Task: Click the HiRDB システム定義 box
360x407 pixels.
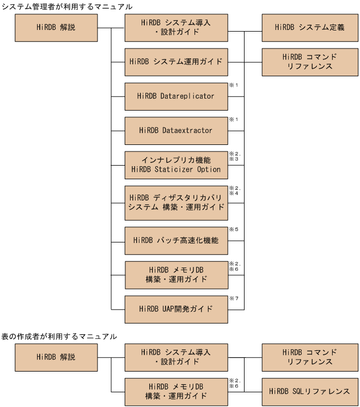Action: point(310,28)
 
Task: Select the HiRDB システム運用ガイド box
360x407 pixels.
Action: point(176,62)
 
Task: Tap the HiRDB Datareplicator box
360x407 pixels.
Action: point(176,96)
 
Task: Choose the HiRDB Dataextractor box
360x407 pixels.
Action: point(176,131)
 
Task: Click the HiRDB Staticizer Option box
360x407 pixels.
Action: point(176,165)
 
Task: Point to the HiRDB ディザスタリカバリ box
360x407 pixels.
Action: point(176,203)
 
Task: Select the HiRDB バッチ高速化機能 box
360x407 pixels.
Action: point(176,241)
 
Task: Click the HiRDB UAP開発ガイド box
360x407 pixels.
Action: point(176,309)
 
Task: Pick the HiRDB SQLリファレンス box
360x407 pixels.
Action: point(310,392)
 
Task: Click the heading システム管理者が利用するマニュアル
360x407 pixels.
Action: point(67,7)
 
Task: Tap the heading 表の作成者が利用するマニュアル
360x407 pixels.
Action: point(59,336)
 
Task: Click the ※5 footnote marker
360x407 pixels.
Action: point(234,229)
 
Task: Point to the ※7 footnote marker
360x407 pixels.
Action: point(234,299)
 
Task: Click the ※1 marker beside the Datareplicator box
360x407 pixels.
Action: point(234,85)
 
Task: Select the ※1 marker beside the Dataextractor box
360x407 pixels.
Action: point(234,119)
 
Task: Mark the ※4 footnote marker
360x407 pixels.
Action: point(234,193)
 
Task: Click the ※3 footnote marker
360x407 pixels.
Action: point(234,159)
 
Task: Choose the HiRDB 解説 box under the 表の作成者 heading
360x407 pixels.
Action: point(56,357)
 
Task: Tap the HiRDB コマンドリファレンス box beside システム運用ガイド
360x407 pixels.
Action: point(310,62)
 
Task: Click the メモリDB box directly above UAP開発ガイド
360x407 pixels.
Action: point(176,275)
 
